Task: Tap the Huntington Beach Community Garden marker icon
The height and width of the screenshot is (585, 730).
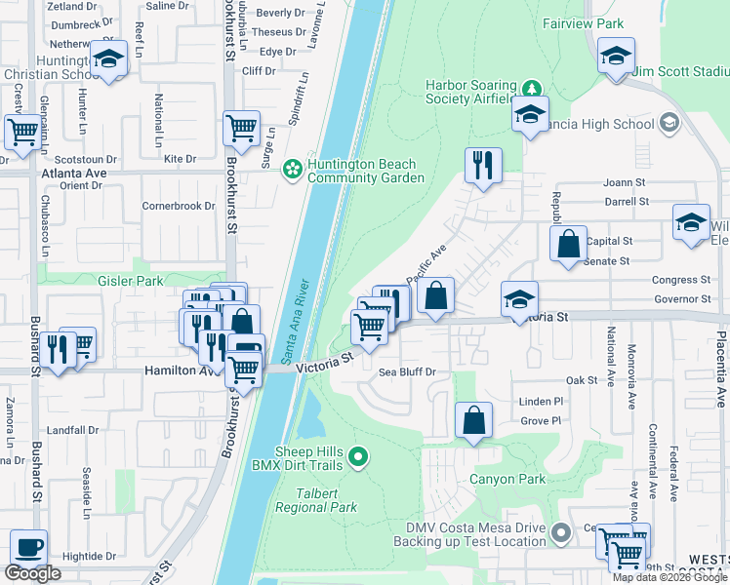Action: tap(292, 171)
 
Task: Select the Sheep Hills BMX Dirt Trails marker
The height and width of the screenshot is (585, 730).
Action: tap(359, 455)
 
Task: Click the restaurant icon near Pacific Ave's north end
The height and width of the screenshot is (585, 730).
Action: tap(482, 166)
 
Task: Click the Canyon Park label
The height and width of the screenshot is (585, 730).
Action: tap(507, 479)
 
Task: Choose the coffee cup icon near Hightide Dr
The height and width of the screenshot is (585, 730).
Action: tap(28, 548)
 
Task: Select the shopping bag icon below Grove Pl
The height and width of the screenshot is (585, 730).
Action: tap(473, 421)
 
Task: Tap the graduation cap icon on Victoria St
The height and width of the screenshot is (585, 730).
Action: tap(519, 298)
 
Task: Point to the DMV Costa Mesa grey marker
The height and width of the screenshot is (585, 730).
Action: tap(560, 533)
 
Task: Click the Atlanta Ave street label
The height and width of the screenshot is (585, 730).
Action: tap(73, 173)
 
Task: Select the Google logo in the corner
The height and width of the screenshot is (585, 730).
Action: tap(32, 574)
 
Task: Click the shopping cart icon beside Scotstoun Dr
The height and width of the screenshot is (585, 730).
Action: tap(20, 132)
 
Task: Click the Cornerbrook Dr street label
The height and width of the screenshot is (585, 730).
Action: tap(178, 206)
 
